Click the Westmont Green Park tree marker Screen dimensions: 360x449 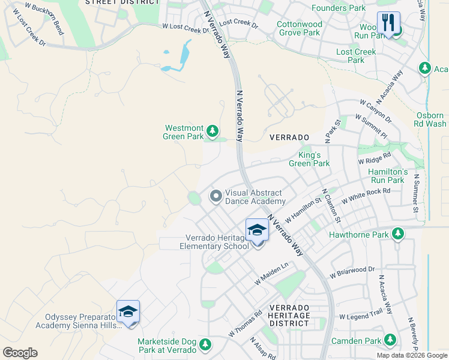pyautogui.click(x=212, y=131)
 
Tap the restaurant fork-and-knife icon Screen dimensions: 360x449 pyautogui.click(x=388, y=23)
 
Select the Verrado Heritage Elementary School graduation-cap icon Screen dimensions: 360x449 pyautogui.click(x=257, y=230)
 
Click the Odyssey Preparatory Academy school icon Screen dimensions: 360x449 pyautogui.click(x=128, y=311)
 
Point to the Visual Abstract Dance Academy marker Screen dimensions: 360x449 pyautogui.click(x=215, y=196)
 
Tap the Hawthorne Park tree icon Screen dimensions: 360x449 pyautogui.click(x=397, y=234)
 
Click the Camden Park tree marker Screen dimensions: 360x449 pyautogui.click(x=391, y=340)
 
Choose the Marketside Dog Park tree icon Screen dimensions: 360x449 pyautogui.click(x=205, y=344)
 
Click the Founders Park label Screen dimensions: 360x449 pyautogui.click(x=339, y=8)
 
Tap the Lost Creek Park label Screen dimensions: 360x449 pyautogui.click(x=356, y=56)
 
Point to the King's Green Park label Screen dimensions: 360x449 pyautogui.click(x=309, y=159)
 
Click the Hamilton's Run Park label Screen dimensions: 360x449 pyautogui.click(x=387, y=175)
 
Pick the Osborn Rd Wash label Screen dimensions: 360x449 pyautogui.click(x=431, y=119)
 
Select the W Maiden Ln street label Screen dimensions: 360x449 pyautogui.click(x=271, y=272)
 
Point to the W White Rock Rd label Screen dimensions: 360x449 pyautogui.click(x=366, y=196)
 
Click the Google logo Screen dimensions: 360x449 pyautogui.click(x=20, y=353)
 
